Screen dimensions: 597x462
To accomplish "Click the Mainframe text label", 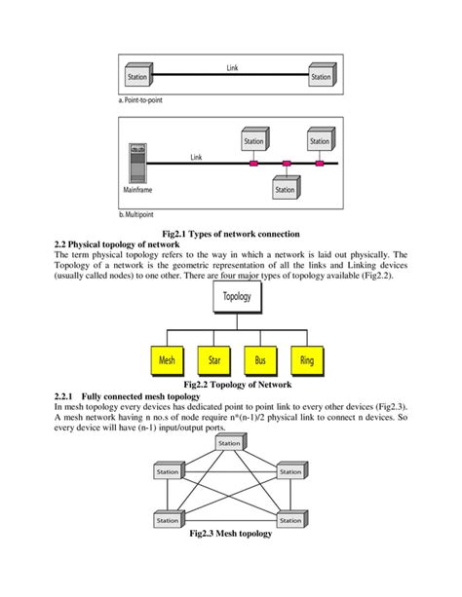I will (136, 190).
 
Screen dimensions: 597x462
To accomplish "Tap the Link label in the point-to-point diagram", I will (231, 68).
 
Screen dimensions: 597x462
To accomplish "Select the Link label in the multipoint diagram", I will (196, 156).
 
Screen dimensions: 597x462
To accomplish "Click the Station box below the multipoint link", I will (286, 190).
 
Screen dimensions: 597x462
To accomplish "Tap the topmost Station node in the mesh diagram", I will (229, 443).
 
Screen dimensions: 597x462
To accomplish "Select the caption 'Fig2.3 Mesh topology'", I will (231, 535).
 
